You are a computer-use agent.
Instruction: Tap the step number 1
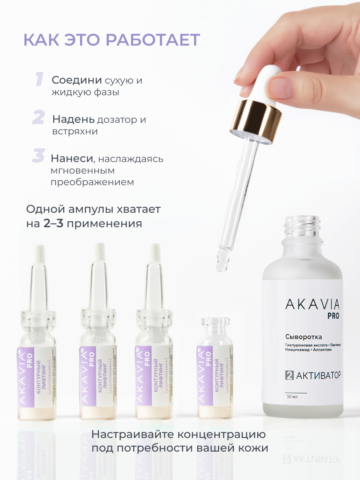point(39,79)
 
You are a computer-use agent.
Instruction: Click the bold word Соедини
point(76,80)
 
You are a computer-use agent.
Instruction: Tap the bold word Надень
point(74,119)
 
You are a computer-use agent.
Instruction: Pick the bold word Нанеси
point(71,158)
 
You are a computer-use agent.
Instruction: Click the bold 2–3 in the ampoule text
point(53,223)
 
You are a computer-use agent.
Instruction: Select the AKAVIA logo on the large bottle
point(312,305)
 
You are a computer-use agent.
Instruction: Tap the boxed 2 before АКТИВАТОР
point(290,375)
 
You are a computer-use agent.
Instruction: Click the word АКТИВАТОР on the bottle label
point(318,375)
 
